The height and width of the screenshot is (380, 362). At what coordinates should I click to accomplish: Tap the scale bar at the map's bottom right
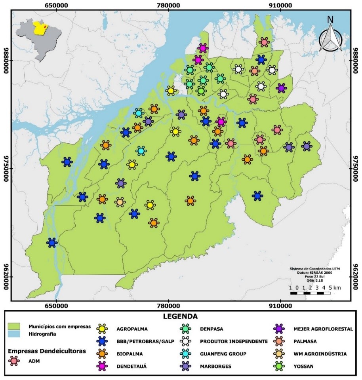(x=310, y=293)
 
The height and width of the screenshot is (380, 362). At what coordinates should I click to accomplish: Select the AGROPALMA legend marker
(x=102, y=329)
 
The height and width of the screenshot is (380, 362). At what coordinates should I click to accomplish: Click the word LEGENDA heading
(x=181, y=317)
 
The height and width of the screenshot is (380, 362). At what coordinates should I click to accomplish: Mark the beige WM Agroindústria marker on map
(x=120, y=202)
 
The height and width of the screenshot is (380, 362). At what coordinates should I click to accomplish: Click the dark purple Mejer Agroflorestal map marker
(x=281, y=88)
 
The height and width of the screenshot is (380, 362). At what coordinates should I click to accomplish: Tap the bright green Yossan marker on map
(x=201, y=91)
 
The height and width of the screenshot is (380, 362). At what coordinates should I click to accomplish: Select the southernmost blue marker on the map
(x=52, y=243)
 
